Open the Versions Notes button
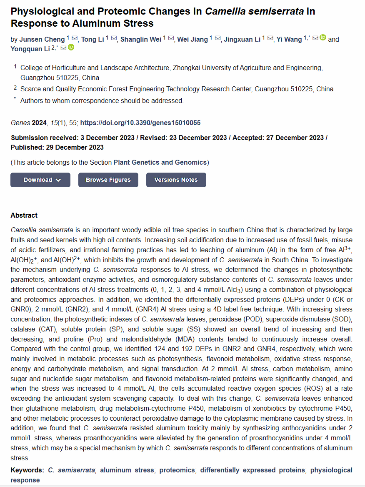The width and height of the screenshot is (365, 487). (176, 180)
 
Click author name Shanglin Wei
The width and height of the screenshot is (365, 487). (141, 39)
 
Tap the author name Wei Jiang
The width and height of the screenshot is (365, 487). (192, 39)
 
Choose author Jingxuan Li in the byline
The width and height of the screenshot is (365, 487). (242, 39)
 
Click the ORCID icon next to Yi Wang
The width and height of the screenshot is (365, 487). (323, 38)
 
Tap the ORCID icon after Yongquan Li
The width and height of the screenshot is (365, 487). (71, 48)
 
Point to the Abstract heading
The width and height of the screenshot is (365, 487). (24, 215)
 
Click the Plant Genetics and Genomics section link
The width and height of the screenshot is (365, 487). (160, 162)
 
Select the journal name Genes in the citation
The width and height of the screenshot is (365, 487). (20, 123)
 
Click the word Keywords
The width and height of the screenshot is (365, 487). (27, 470)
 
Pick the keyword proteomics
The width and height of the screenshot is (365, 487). (177, 470)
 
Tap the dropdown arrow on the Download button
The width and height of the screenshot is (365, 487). (58, 180)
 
